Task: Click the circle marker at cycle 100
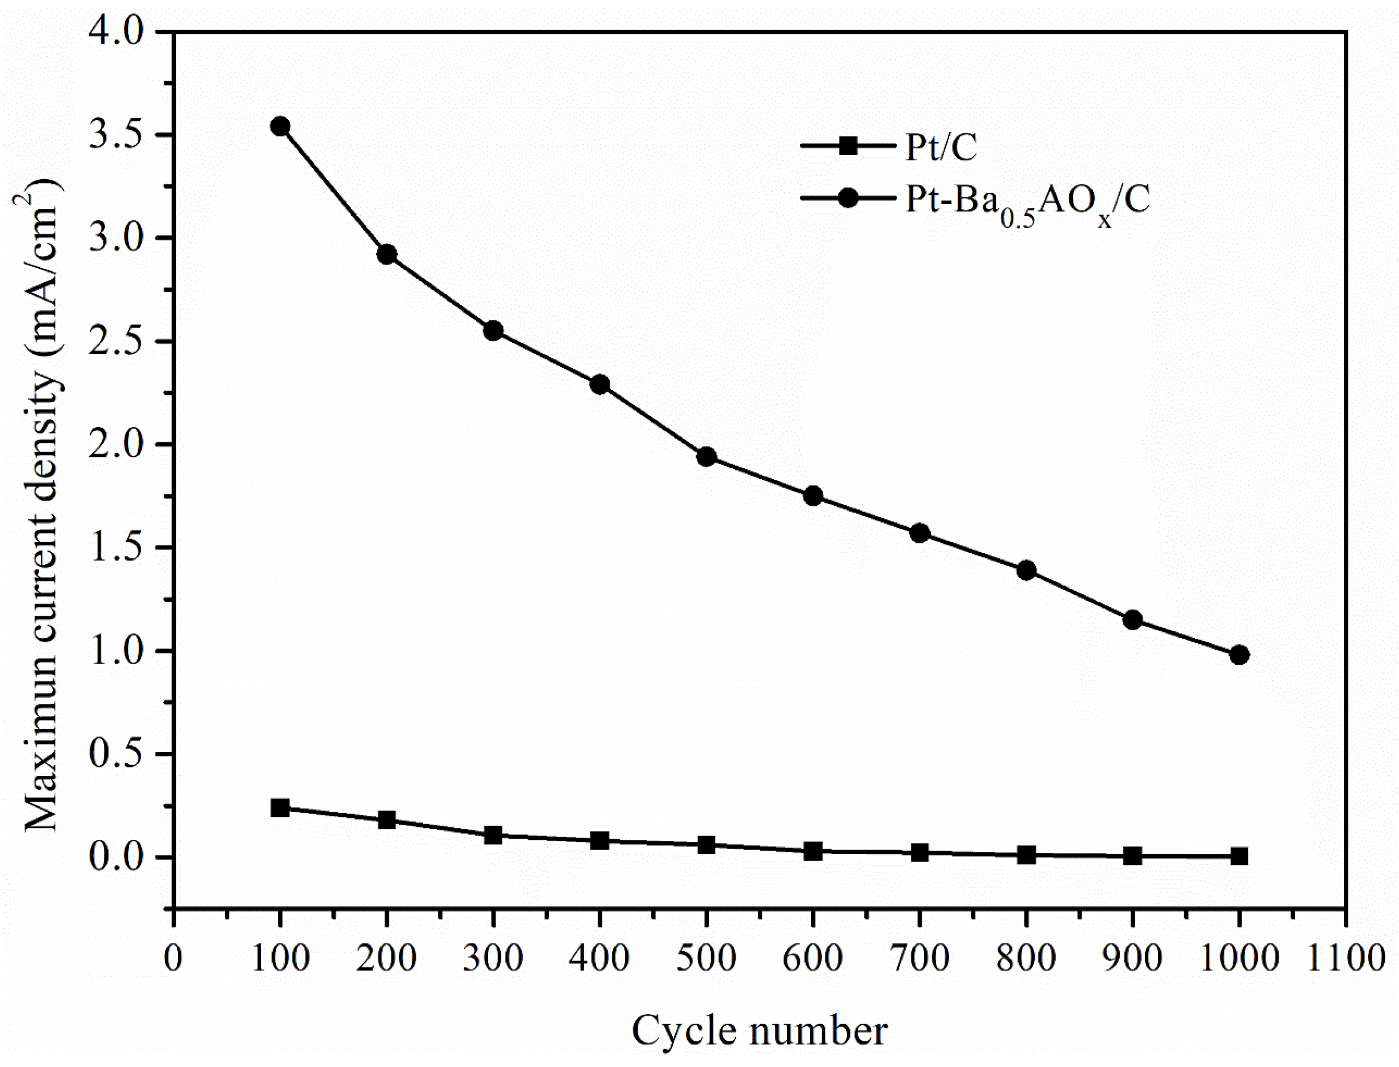[279, 126]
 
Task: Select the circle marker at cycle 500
[706, 457]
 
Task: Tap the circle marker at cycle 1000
[1239, 655]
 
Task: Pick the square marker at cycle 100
[279, 808]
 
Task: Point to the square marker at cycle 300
[493, 835]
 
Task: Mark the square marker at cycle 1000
[1239, 856]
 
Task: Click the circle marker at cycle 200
[386, 255]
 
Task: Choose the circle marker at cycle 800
[1026, 570]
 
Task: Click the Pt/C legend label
[941, 147]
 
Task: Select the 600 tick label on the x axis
[813, 957]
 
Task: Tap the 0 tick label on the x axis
[173, 957]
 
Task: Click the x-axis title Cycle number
[759, 1030]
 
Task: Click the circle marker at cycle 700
[919, 533]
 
